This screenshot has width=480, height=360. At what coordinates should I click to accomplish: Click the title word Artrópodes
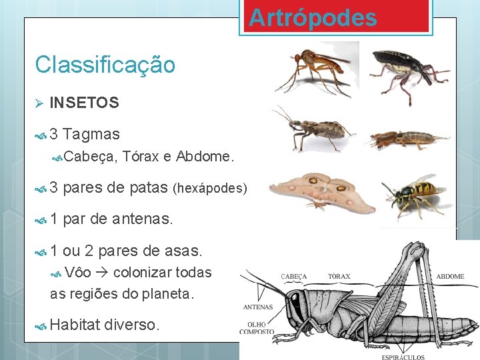click(313, 17)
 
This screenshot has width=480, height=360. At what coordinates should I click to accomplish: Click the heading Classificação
click(105, 65)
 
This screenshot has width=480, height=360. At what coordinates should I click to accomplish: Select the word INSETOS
click(84, 103)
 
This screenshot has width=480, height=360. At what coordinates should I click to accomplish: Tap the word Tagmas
click(91, 135)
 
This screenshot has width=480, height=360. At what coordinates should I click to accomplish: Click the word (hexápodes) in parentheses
click(209, 189)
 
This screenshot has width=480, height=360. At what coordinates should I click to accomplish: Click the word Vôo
click(79, 273)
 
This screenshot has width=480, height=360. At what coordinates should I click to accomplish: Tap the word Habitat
click(74, 325)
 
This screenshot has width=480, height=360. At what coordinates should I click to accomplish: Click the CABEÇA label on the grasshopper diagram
click(294, 276)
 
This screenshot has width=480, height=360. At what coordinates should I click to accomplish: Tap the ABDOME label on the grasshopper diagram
click(451, 276)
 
